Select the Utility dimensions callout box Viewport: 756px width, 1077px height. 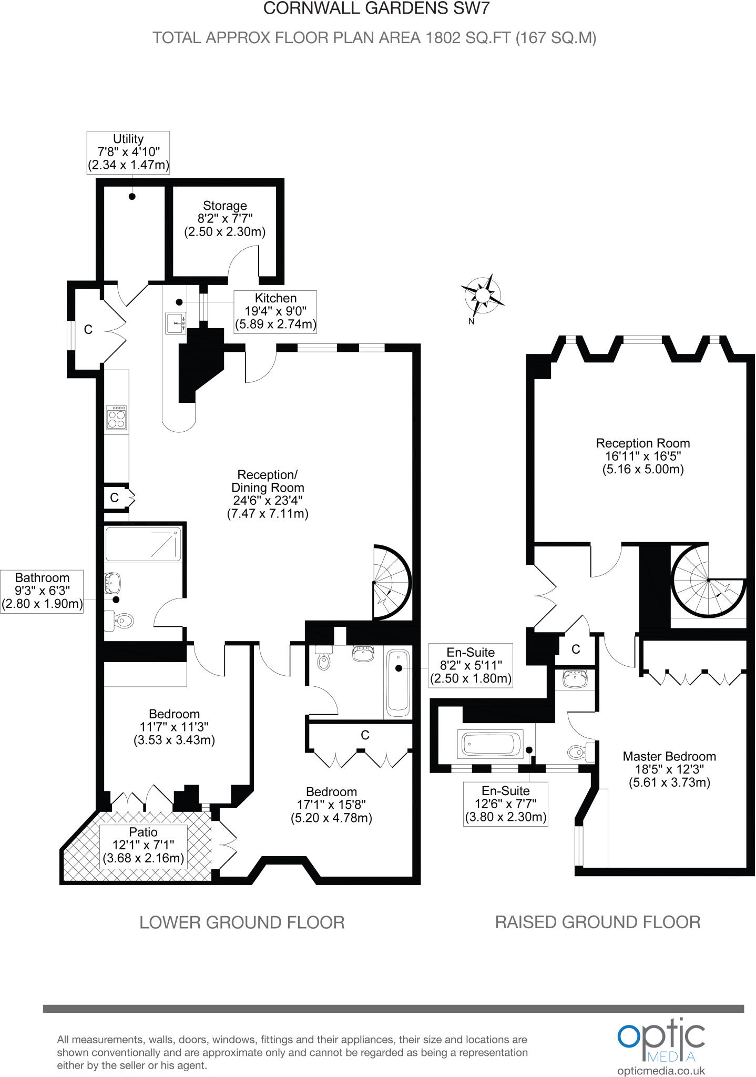[128, 152]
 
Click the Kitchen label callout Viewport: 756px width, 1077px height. [275, 311]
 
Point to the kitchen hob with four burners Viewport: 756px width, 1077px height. [117, 418]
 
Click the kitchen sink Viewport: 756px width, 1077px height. [175, 323]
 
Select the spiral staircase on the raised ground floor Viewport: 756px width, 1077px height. [707, 581]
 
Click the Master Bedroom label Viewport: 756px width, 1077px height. [669, 769]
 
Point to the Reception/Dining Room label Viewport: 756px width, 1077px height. [268, 494]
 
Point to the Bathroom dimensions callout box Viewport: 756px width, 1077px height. [42, 591]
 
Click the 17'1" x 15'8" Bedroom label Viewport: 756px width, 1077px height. [331, 804]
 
